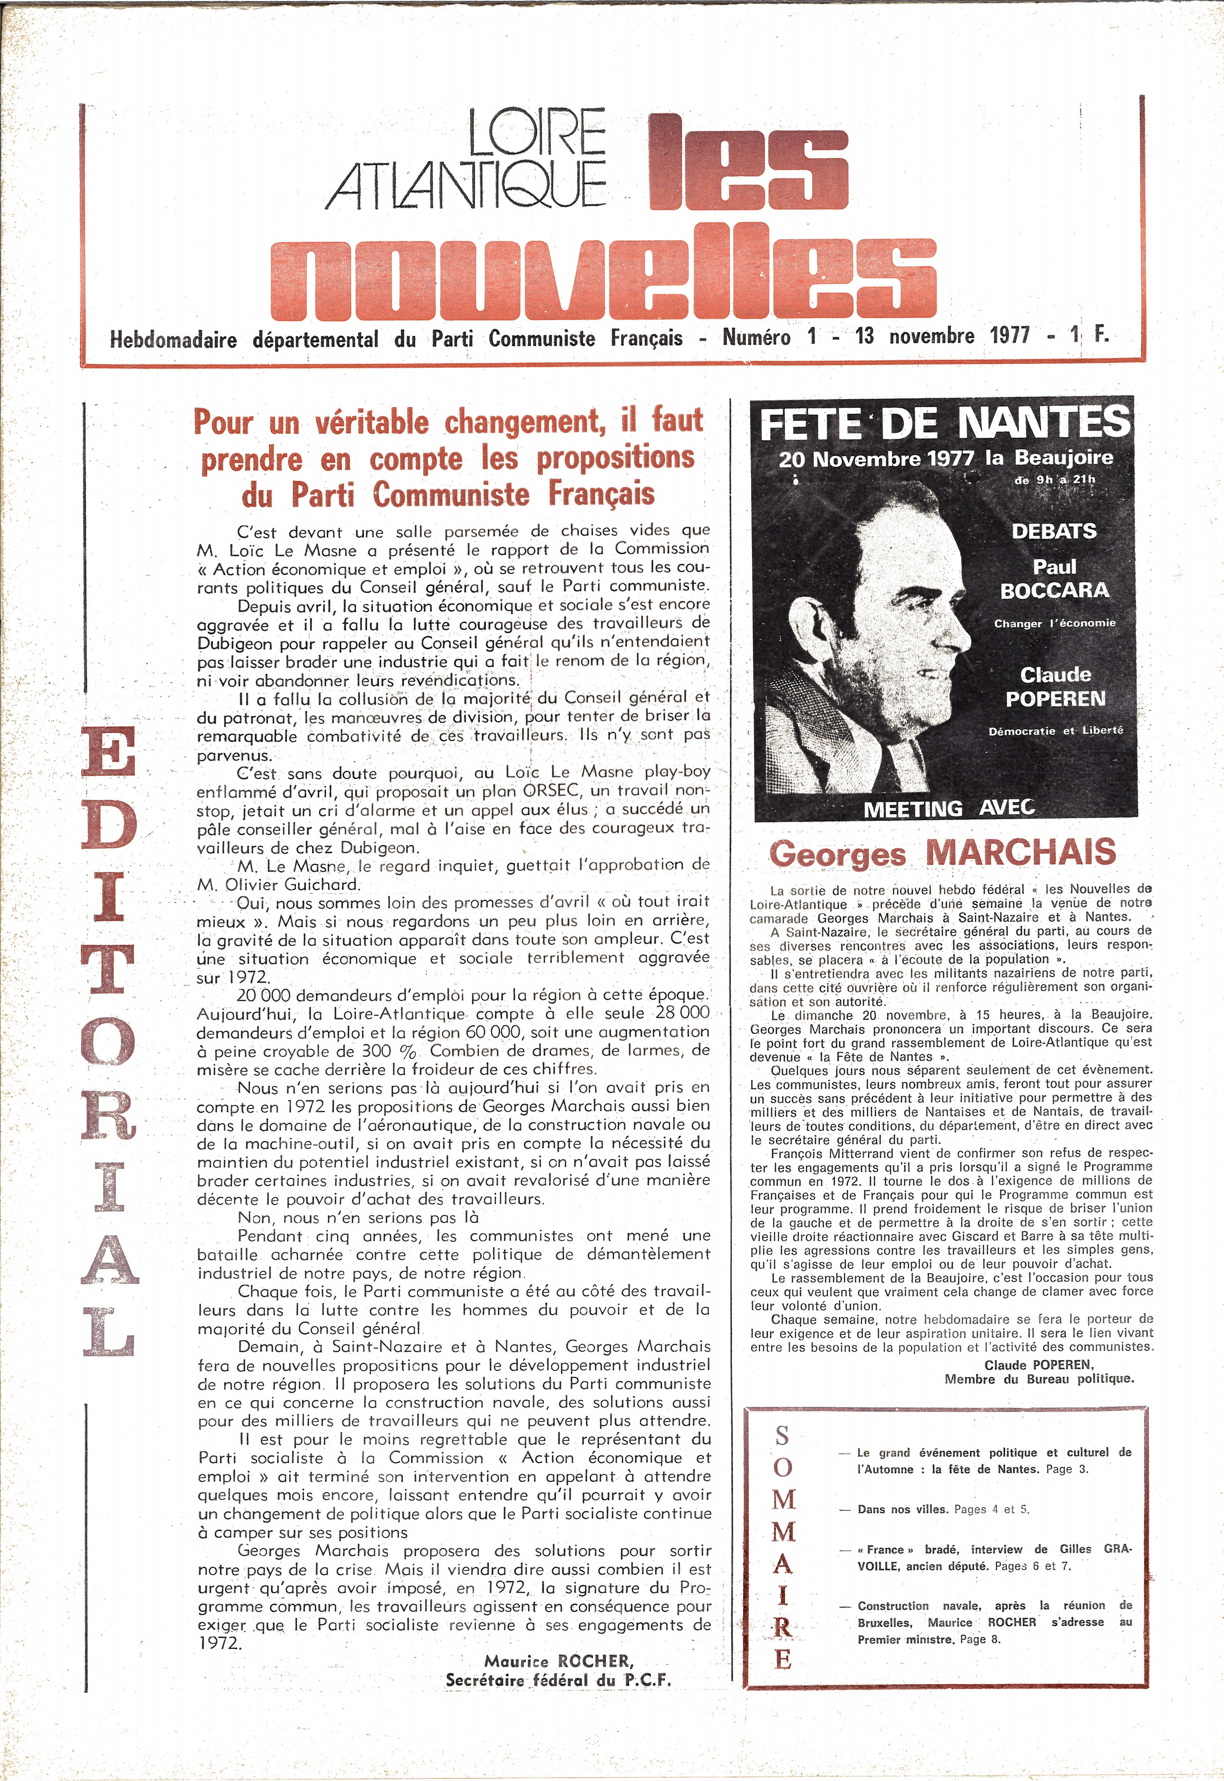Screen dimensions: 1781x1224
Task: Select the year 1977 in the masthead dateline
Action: [x=1009, y=336]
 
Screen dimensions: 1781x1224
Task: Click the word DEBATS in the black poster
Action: [x=1054, y=531]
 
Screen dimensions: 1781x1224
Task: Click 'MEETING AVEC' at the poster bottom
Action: [x=949, y=808]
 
